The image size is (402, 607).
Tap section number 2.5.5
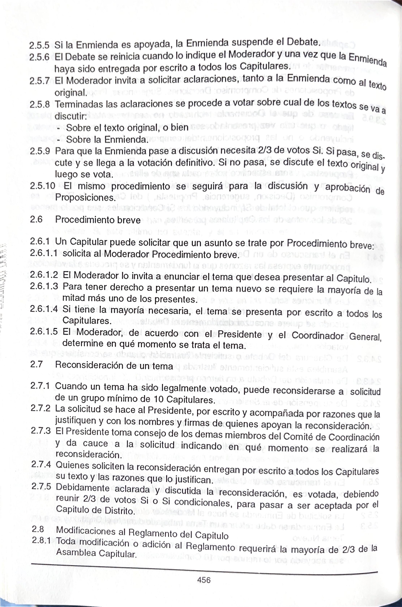[39, 46]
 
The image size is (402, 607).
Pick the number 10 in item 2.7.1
[159, 399]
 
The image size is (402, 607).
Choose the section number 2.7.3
[41, 430]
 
